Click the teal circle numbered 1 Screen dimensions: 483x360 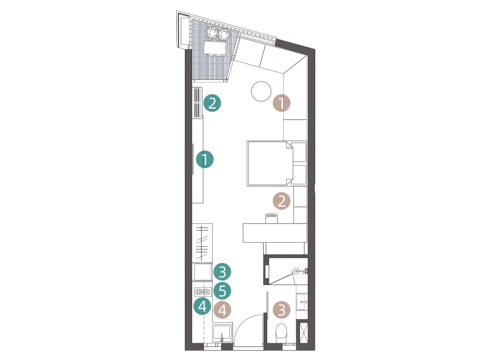205,159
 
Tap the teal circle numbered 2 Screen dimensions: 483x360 212,103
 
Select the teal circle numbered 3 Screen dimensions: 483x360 222,272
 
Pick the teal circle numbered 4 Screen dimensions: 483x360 202,306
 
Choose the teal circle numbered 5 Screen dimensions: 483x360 222,291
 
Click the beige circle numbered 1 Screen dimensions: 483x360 282,103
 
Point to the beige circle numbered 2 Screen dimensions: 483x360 282,201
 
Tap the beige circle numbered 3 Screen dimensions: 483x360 282,310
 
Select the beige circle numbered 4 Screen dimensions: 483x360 222,310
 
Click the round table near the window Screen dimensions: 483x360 261,91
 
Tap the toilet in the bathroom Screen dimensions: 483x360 281,333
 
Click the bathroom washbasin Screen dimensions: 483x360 302,302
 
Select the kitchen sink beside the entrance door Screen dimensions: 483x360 221,333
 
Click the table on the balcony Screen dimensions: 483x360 215,48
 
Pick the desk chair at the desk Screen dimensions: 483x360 271,219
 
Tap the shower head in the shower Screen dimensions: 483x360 296,271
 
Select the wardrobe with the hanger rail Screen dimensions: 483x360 202,243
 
